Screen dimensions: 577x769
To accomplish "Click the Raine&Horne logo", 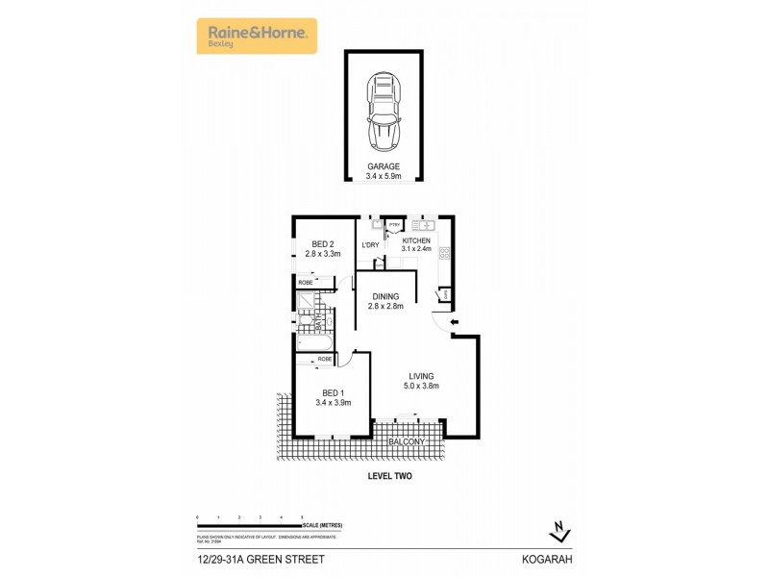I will tap(257, 36).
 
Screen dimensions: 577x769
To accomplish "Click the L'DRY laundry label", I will tap(370, 245).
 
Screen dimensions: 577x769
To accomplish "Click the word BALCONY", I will tap(406, 442).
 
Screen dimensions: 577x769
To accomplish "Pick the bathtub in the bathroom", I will tap(313, 343).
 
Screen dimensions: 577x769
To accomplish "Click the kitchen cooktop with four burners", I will tap(444, 254).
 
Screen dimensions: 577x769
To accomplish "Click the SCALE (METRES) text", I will tap(323, 525).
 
